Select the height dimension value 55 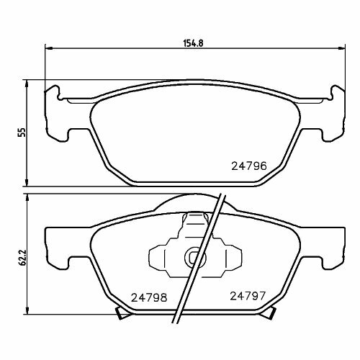22,132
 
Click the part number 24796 248,165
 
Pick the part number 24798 148,295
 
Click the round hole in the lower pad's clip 192,256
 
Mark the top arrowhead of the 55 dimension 27,84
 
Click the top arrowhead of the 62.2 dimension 27,199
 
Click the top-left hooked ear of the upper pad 52,91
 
